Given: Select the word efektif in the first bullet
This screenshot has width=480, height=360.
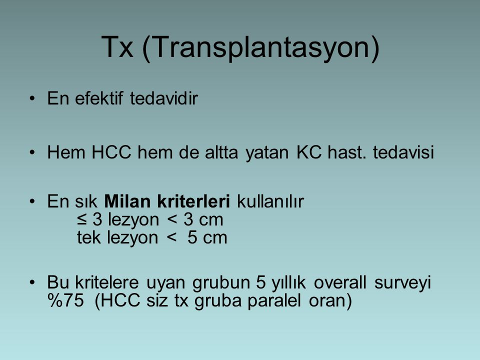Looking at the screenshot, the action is (99, 98).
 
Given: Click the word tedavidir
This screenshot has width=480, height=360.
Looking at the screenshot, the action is (164, 98).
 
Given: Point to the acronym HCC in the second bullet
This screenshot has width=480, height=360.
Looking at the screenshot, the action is (111, 152).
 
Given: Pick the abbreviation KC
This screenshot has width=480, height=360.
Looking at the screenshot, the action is (309, 152).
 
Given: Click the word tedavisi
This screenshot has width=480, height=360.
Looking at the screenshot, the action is (403, 152).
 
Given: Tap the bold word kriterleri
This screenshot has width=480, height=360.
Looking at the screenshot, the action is (193, 201).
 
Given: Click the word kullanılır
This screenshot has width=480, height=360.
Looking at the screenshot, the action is (270, 201).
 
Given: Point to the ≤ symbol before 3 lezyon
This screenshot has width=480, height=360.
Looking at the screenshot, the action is (81, 219).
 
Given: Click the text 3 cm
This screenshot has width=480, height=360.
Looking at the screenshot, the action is (203, 219).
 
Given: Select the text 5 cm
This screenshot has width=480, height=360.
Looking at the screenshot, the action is (207, 237).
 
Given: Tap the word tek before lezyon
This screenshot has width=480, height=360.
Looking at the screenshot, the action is (89, 237).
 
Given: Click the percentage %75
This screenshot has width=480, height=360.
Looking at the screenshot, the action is (65, 300).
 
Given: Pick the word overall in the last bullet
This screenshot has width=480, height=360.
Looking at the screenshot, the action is (340, 282).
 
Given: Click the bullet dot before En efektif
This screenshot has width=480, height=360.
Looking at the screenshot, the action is (32, 98).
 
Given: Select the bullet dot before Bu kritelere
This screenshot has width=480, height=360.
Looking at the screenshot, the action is (32, 282).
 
